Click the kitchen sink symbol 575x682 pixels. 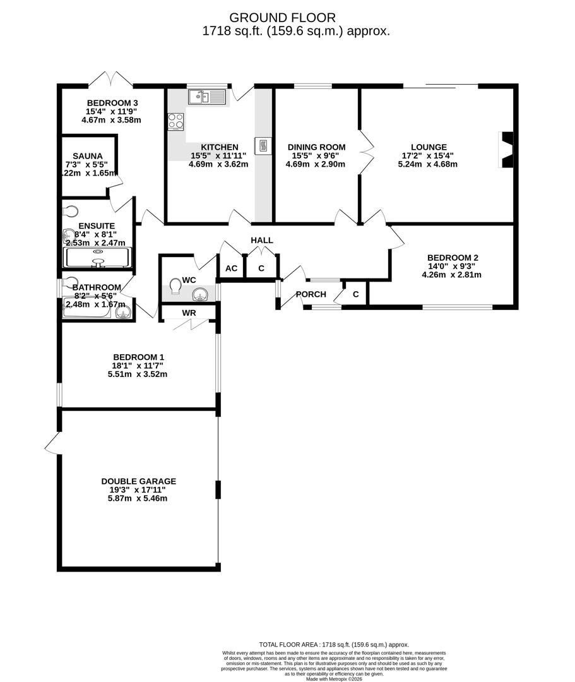tap(207, 97)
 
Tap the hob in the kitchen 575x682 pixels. tap(175, 121)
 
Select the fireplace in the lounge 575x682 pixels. tap(507, 150)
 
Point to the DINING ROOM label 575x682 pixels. tap(316, 147)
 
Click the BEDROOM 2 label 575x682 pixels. tap(452, 258)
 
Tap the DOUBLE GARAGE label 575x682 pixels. tap(139, 481)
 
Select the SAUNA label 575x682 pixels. tap(87, 156)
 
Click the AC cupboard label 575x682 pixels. tap(232, 268)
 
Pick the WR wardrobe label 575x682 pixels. tap(189, 313)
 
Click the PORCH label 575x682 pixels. tap(311, 294)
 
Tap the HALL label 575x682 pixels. tap(261, 241)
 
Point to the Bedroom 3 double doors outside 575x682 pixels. tap(110, 80)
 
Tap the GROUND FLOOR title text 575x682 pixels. tap(282, 18)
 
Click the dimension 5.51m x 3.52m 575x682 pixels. tap(137, 374)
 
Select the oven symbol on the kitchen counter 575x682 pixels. tap(263, 147)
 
